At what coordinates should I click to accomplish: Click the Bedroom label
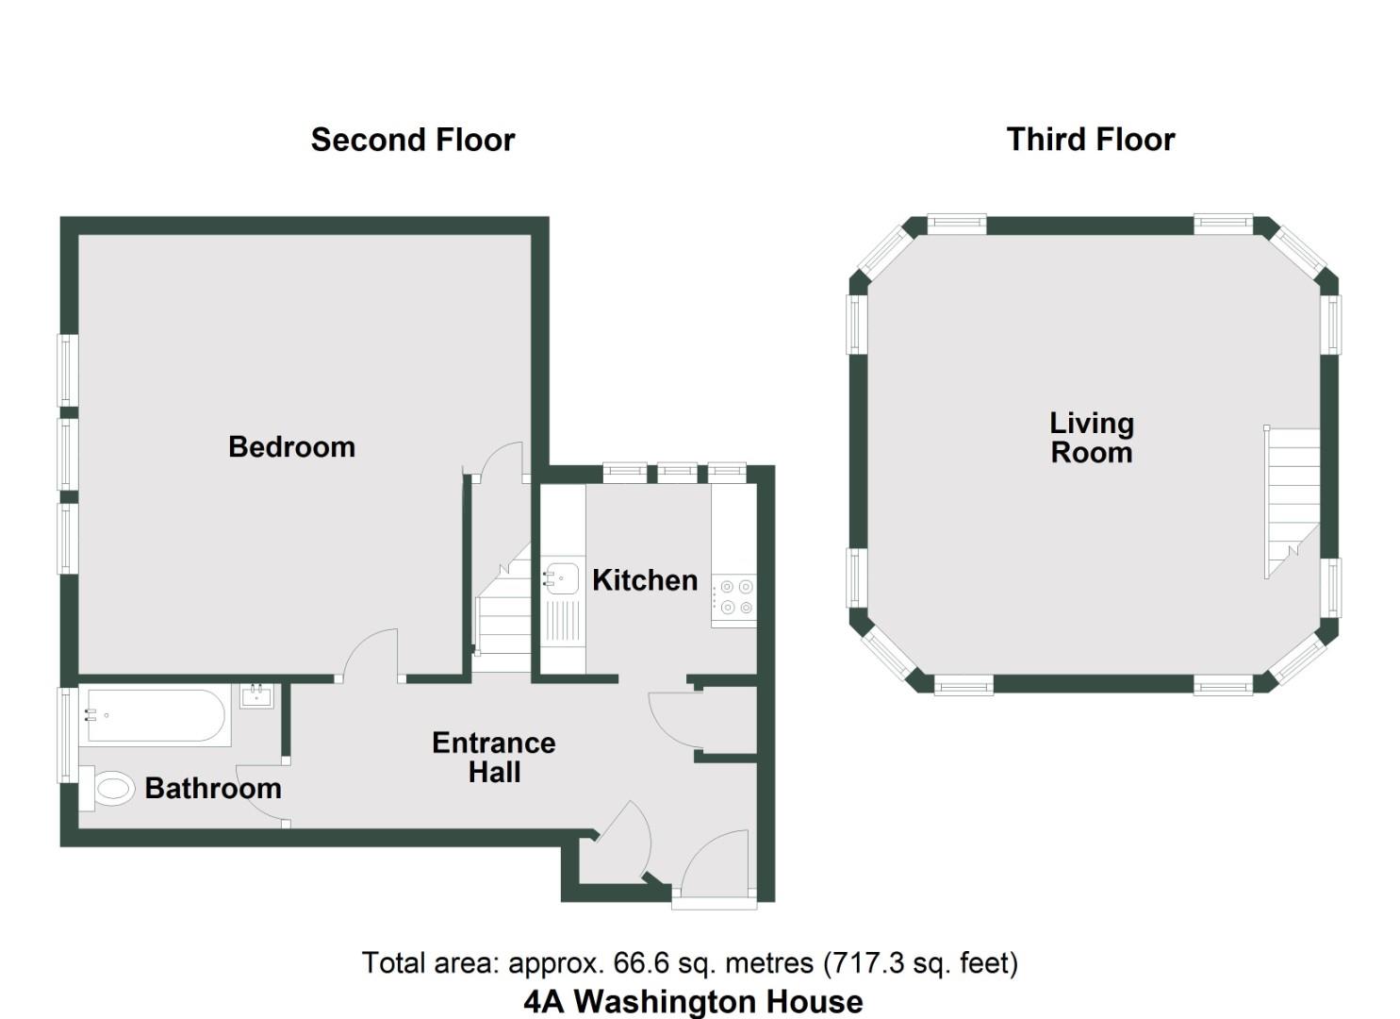pyautogui.click(x=291, y=446)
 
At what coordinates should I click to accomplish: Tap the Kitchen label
pyautogui.click(x=645, y=579)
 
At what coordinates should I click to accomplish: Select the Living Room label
pyautogui.click(x=1091, y=438)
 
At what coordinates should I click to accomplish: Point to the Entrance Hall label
pyautogui.click(x=493, y=757)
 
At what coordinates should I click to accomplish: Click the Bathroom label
pyautogui.click(x=213, y=788)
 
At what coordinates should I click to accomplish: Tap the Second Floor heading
pyautogui.click(x=413, y=140)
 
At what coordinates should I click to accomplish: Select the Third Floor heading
pyautogui.click(x=1091, y=140)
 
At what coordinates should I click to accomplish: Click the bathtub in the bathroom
pyautogui.click(x=156, y=717)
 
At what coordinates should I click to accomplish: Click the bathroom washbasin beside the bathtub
pyautogui.click(x=256, y=696)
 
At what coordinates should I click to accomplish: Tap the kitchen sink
pyautogui.click(x=562, y=577)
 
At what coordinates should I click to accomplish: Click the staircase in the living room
pyautogui.click(x=1292, y=500)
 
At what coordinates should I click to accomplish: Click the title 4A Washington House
pyautogui.click(x=693, y=1001)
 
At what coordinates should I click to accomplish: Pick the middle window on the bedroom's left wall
pyautogui.click(x=67, y=454)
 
